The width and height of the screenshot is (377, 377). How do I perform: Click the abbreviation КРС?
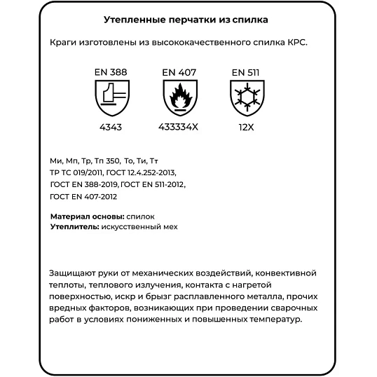(296, 42)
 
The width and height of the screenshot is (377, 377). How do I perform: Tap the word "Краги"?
(64, 42)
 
